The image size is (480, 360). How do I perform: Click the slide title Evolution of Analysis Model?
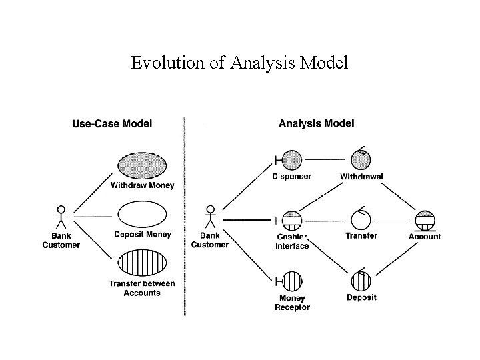point(239,63)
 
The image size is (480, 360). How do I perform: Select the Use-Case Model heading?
point(111,123)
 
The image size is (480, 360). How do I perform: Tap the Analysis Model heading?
point(316,123)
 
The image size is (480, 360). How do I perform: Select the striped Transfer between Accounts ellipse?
point(142,262)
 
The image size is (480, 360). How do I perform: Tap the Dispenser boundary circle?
point(291,160)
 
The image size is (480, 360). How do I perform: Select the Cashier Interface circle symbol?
point(291,219)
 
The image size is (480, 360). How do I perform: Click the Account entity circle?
point(424,219)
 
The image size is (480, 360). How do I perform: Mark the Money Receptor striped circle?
point(291,280)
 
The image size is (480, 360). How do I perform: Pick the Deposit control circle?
point(361,280)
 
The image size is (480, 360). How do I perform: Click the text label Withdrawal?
point(361,177)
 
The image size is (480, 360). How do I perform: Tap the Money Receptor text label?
point(292,302)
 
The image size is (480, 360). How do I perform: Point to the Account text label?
point(425,237)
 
